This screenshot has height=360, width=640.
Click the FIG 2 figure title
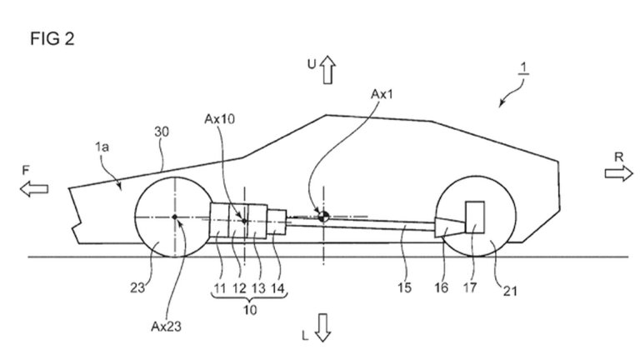[52, 39]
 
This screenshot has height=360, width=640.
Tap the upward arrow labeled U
[327, 70]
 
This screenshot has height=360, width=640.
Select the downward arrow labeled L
[323, 327]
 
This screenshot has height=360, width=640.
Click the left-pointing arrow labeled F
[34, 189]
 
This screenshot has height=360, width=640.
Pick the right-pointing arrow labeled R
[619, 173]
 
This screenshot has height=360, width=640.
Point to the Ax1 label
[382, 94]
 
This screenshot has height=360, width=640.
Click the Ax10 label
[220, 119]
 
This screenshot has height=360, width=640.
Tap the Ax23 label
[166, 327]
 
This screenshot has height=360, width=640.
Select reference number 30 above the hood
[162, 132]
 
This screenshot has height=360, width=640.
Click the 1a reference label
[102, 147]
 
